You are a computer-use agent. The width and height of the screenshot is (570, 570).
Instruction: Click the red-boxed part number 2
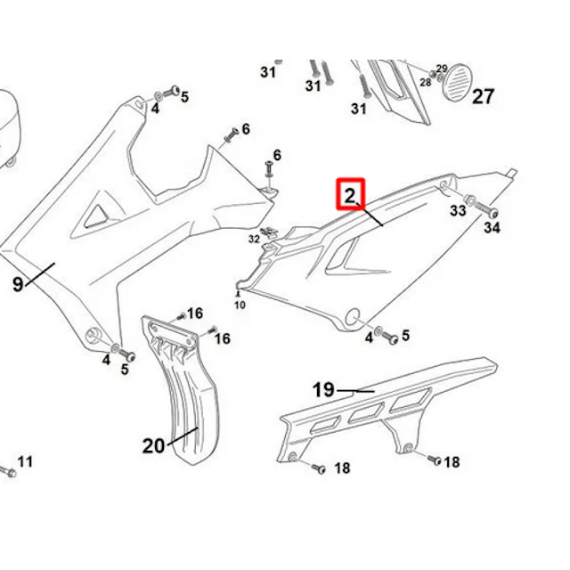[x=349, y=196]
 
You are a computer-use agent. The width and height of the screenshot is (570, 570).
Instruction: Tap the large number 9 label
[x=18, y=283]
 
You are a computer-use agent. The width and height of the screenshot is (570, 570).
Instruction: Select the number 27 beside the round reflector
[x=483, y=97]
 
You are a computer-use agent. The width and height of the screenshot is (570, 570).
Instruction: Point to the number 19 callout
[x=323, y=390]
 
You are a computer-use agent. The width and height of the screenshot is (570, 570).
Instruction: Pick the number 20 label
[x=153, y=445]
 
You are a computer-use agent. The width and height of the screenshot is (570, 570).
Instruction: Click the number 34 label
[x=493, y=228]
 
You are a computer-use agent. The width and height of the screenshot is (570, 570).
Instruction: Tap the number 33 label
[x=458, y=210]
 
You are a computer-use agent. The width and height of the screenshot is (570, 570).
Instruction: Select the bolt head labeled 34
[x=493, y=213]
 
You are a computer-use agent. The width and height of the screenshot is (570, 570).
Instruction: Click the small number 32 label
[x=254, y=239]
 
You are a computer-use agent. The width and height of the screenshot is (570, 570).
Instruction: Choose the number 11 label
[x=25, y=461]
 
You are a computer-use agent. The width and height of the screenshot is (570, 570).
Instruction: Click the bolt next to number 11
[x=7, y=471]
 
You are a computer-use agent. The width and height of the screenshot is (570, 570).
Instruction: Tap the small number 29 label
[x=442, y=69]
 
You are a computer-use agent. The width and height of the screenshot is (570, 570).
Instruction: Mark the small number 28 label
[x=426, y=83]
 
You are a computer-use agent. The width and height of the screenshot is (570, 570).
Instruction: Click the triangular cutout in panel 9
[x=95, y=216]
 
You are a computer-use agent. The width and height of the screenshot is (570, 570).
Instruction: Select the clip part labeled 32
[x=269, y=232]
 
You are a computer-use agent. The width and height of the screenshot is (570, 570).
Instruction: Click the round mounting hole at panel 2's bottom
[x=353, y=317]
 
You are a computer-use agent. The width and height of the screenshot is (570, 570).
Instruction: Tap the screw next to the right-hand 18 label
[x=434, y=460]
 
